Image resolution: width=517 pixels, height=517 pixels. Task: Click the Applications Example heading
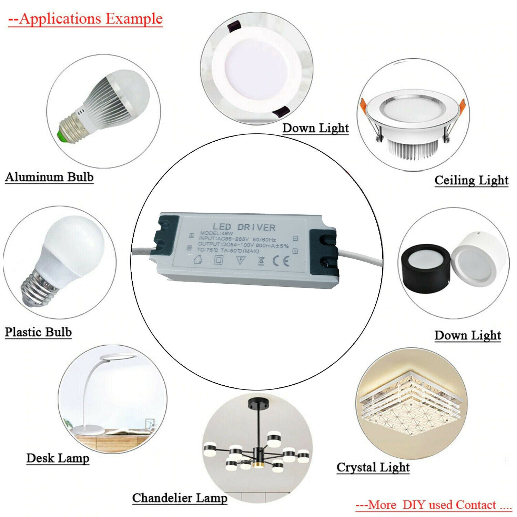click(x=85, y=19)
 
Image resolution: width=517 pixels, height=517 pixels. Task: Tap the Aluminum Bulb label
click(x=49, y=177)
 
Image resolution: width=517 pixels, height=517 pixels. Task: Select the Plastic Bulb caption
click(x=38, y=332)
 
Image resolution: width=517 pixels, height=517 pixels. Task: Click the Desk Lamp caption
click(x=58, y=458)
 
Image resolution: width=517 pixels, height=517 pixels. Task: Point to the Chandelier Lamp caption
click(x=180, y=498)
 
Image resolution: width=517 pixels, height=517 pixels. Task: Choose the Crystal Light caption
click(x=373, y=467)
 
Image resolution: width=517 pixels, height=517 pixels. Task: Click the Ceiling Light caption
click(x=471, y=180)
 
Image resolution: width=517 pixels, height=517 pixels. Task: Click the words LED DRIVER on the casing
click(x=244, y=227)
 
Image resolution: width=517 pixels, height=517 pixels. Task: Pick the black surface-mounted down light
click(x=426, y=267)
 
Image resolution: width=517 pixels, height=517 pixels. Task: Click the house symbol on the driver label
click(x=198, y=259)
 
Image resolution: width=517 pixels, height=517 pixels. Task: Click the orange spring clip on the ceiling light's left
click(x=363, y=105)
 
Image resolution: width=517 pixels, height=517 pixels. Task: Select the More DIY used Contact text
click(x=433, y=505)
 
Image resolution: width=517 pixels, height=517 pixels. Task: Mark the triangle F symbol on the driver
click(x=241, y=260)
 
